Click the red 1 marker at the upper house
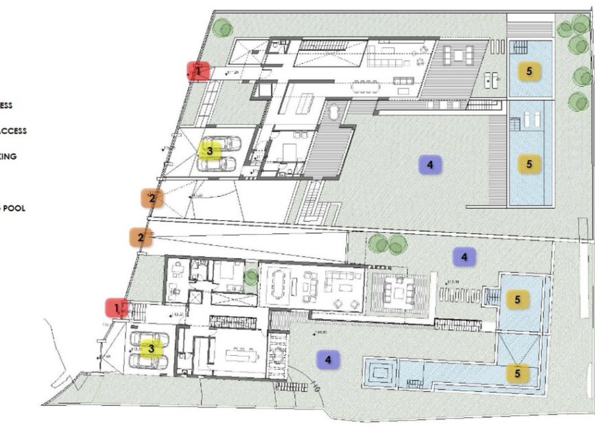199,70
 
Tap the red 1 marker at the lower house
117,308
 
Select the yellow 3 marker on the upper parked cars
210,149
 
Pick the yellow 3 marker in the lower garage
151,348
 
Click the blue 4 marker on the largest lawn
429,165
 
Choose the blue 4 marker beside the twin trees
464,257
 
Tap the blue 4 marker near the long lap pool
328,359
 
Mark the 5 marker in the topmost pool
529,70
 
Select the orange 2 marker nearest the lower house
141,238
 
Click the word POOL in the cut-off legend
15,207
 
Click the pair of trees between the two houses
387,243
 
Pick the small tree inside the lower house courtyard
251,277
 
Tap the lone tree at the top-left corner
221,28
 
